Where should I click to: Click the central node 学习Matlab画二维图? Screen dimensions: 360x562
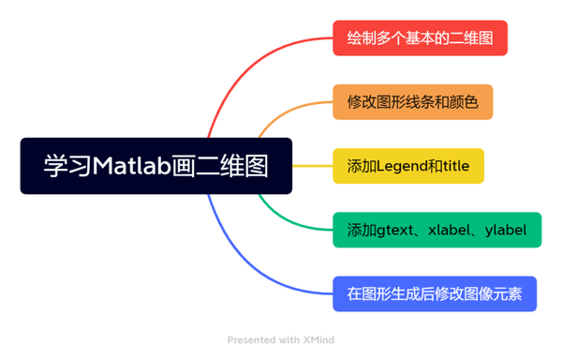pos(155,166)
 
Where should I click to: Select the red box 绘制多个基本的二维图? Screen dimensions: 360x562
pos(420,38)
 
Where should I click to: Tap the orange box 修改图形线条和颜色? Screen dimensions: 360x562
pos(412,102)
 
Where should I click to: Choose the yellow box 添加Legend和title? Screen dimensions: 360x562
pos(407,166)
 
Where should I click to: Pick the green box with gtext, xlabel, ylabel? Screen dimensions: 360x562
pos(436,230)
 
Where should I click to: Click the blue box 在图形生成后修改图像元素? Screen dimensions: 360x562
pos(434,293)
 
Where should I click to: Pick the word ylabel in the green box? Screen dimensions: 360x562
pos(506,230)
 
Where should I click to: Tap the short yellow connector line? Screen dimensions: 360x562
pos(312,166)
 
